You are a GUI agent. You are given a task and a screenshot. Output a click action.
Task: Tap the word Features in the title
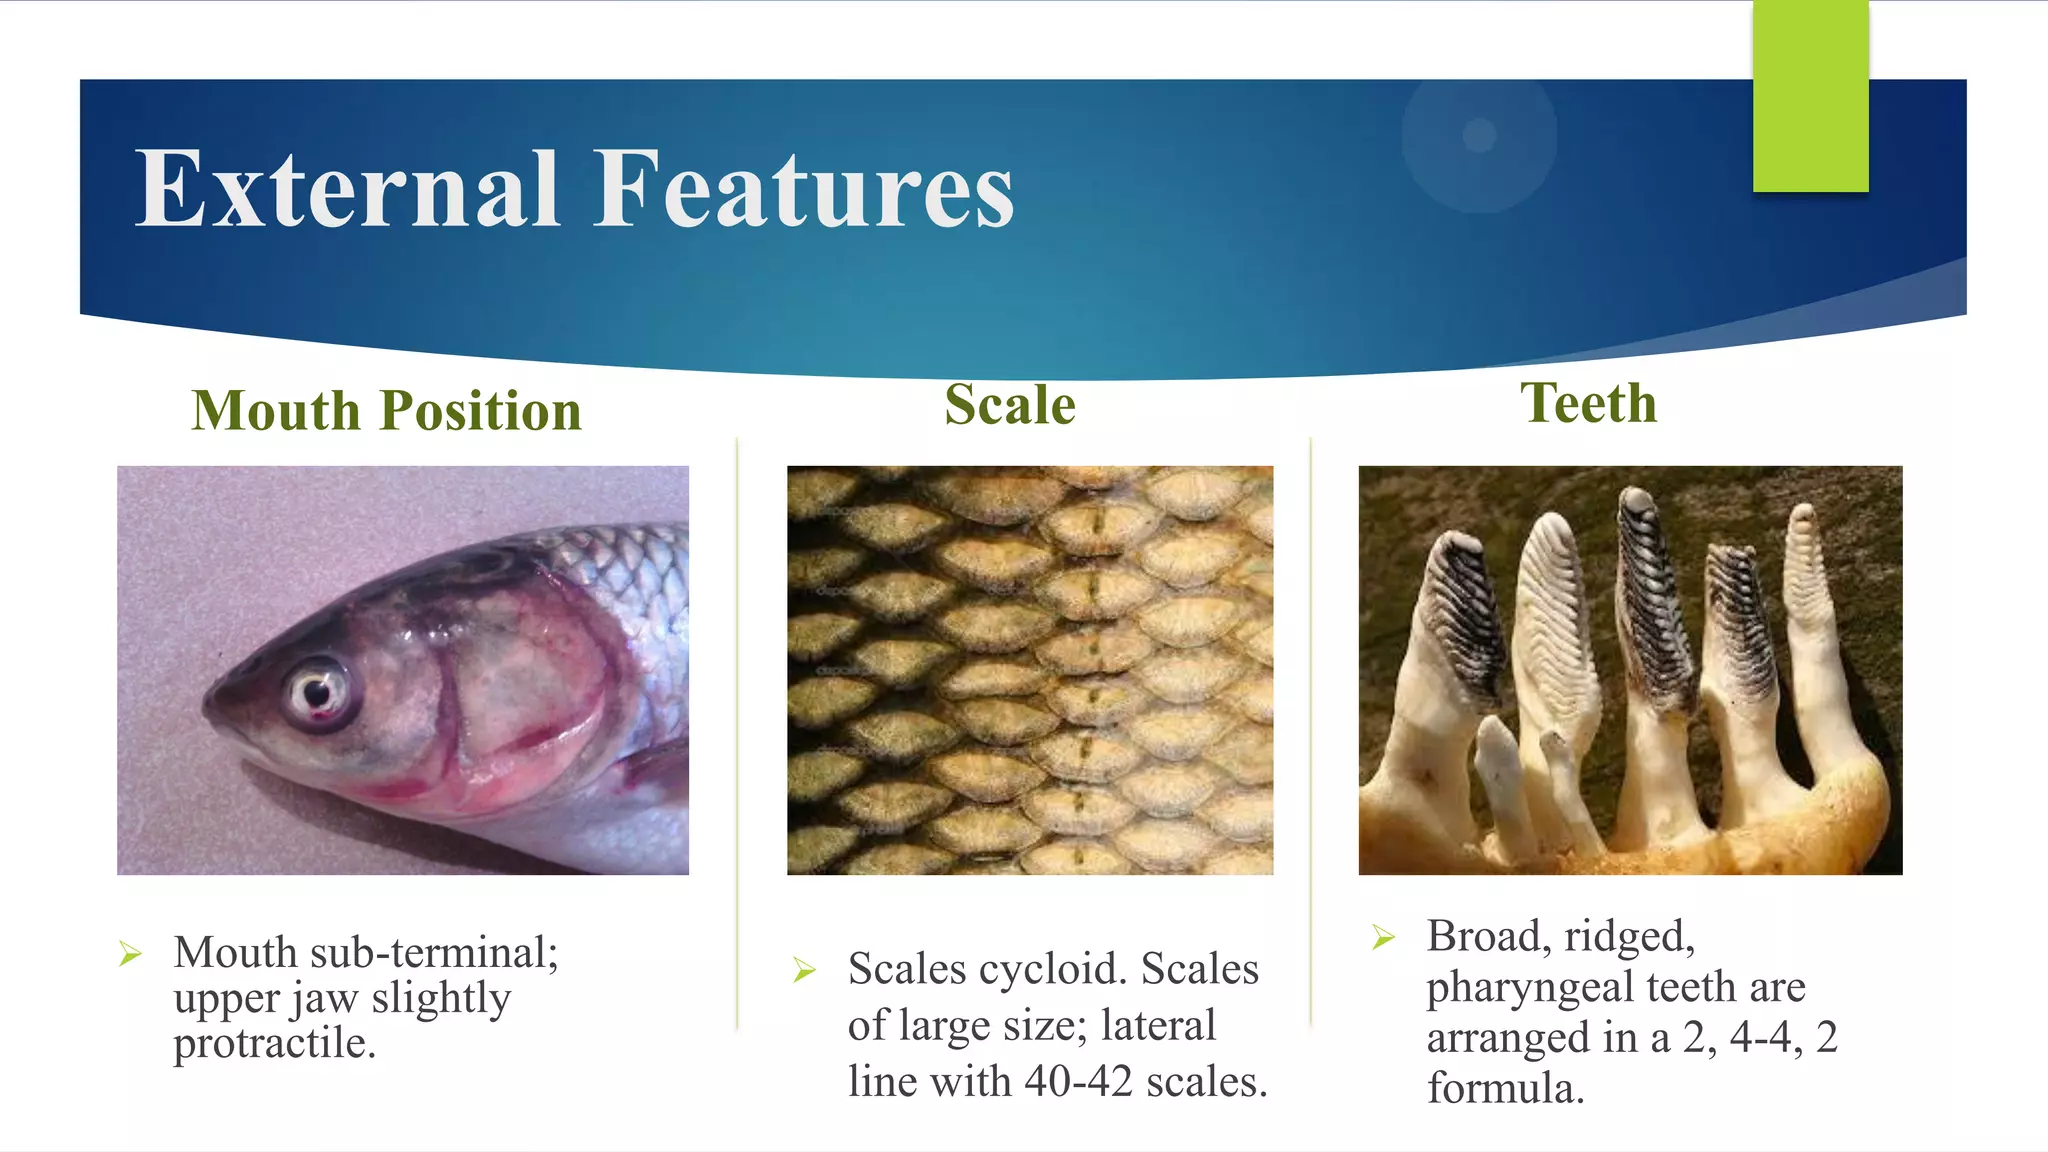[x=805, y=189]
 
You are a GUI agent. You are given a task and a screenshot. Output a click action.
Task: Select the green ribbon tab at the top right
[x=1810, y=96]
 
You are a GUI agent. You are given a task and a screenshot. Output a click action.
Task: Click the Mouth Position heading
[x=386, y=411]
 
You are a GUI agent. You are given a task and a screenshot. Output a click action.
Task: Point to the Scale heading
[x=1010, y=405]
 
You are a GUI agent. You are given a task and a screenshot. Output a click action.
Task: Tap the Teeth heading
[x=1588, y=403]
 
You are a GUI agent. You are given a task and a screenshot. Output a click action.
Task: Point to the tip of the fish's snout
[x=208, y=708]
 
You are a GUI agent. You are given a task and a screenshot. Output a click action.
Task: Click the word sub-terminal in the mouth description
[x=434, y=952]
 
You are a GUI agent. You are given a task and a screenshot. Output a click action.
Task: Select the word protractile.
[x=275, y=1043]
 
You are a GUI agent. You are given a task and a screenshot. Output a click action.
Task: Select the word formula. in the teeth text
[x=1505, y=1088]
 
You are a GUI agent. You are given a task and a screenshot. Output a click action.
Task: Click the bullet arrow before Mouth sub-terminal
[x=130, y=953]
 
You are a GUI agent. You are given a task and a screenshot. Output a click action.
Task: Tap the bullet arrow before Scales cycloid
[x=804, y=969]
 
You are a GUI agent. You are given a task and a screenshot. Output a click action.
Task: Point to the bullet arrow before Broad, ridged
[x=1383, y=937]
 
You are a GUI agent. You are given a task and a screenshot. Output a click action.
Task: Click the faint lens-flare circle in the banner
[x=1478, y=136]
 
